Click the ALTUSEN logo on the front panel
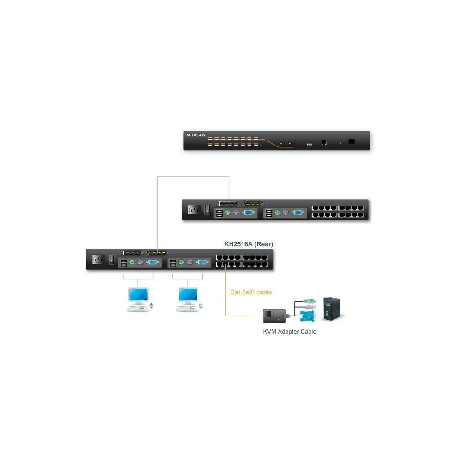point(195,135)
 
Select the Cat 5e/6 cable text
point(251,292)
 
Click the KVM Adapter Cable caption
point(290,331)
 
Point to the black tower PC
point(332,309)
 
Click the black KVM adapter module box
point(274,316)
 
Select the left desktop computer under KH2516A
point(139,299)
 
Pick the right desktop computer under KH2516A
point(188,299)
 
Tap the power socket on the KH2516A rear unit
point(98,260)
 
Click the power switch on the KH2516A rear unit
point(111,260)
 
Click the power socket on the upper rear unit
point(194,210)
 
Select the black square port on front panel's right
point(352,141)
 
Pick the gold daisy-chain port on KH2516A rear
point(158,253)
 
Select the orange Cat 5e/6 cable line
point(225,296)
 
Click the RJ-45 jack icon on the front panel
point(324,142)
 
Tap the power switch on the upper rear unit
point(207,210)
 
